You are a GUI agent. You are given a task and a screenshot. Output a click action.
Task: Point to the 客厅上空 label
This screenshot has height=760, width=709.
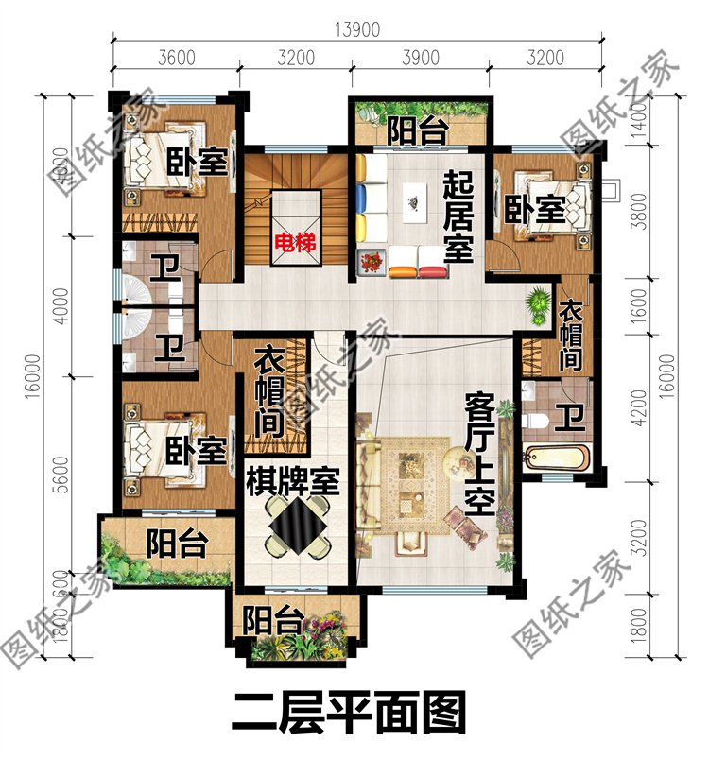(x=479, y=455)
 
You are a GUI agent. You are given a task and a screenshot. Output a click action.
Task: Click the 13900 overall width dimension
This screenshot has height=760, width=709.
(x=355, y=29)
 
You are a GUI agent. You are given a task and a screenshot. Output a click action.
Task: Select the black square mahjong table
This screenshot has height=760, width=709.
(x=296, y=525)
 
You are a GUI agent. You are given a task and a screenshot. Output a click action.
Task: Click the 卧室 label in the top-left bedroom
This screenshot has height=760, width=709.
(x=199, y=161)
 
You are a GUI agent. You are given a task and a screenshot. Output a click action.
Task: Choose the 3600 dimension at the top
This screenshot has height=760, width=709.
(x=176, y=58)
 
